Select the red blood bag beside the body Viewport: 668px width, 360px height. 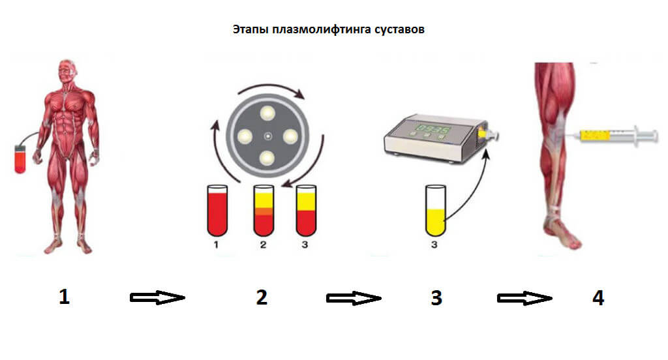tap(20, 159)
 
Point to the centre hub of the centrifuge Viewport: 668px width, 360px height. tap(268, 136)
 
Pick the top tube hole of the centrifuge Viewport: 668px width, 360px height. tap(268, 113)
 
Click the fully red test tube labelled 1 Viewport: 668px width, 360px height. tap(217, 211)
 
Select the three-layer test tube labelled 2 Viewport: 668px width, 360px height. tap(264, 211)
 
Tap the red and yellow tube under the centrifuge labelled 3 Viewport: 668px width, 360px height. tap(306, 211)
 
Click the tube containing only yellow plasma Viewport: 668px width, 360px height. tap(435, 211)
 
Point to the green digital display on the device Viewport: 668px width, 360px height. tap(432, 129)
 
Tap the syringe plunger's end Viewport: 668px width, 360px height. tap(654, 136)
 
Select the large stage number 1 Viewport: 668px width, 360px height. tap(64, 297)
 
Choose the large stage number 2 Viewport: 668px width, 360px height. tap(262, 297)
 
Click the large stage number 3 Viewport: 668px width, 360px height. tap(436, 297)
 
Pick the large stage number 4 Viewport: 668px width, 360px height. tap(598, 297)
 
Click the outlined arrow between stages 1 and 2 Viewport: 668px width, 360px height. tap(157, 297)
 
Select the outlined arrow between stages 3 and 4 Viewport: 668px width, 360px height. tap(524, 298)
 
